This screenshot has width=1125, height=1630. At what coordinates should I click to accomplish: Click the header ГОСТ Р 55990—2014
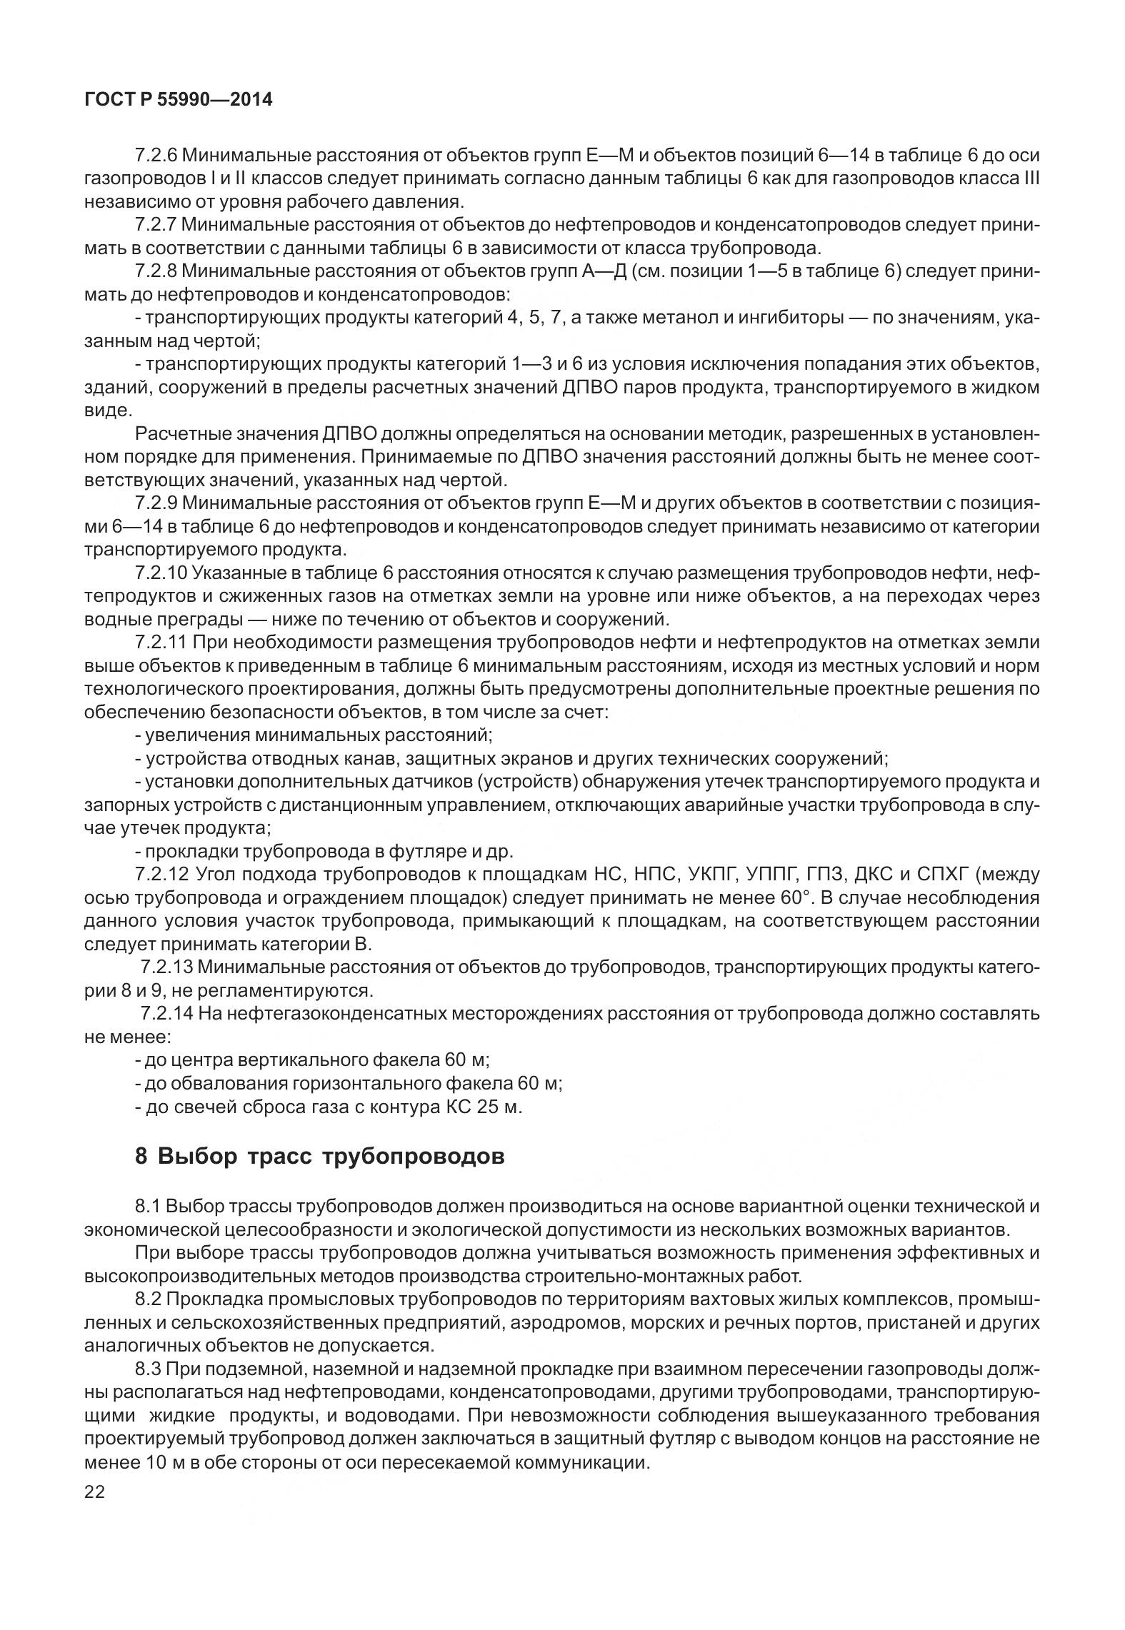[179, 100]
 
